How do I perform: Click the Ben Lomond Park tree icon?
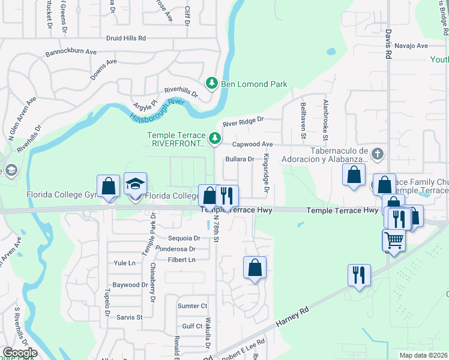211,84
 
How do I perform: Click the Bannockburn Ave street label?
71,52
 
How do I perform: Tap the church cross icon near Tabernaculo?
377,154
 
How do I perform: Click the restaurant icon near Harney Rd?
359,275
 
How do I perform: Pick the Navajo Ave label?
412,46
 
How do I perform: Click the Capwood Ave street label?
252,145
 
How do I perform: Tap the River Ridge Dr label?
243,122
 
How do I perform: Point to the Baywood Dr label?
131,285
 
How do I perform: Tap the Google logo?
19,353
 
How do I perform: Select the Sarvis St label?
129,317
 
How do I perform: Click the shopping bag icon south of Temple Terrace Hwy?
255,268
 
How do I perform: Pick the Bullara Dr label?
241,159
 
